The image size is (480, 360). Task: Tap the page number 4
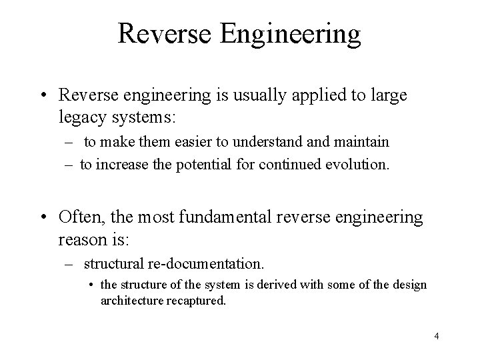pos(436,336)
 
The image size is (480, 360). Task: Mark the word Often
pos(77,217)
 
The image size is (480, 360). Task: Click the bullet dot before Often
pos(43,217)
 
